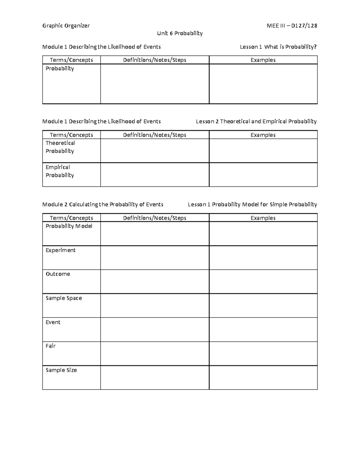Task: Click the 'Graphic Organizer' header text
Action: tap(66, 26)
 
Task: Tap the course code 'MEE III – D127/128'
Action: tap(292, 26)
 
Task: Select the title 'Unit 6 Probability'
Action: tap(180, 33)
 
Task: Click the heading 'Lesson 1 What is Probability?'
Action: tap(278, 47)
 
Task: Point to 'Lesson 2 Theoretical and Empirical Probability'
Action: tap(256, 122)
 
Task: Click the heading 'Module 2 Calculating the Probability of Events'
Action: tap(103, 205)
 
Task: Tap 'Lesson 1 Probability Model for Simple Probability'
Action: tap(252, 205)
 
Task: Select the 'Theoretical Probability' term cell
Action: tap(60, 147)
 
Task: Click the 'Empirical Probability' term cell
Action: tap(60, 171)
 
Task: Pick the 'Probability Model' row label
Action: tap(69, 226)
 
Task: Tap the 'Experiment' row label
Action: tap(61, 250)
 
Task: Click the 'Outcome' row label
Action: tap(58, 274)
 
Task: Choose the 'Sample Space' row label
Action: tap(64, 298)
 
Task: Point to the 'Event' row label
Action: tap(53, 322)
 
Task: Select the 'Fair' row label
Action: tap(51, 346)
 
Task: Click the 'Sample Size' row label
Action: tap(61, 370)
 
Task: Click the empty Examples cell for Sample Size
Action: tap(263, 377)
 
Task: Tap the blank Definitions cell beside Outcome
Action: tap(154, 281)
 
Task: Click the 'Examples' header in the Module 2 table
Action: tap(263, 218)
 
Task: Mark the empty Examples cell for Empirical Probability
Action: tap(263, 175)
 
